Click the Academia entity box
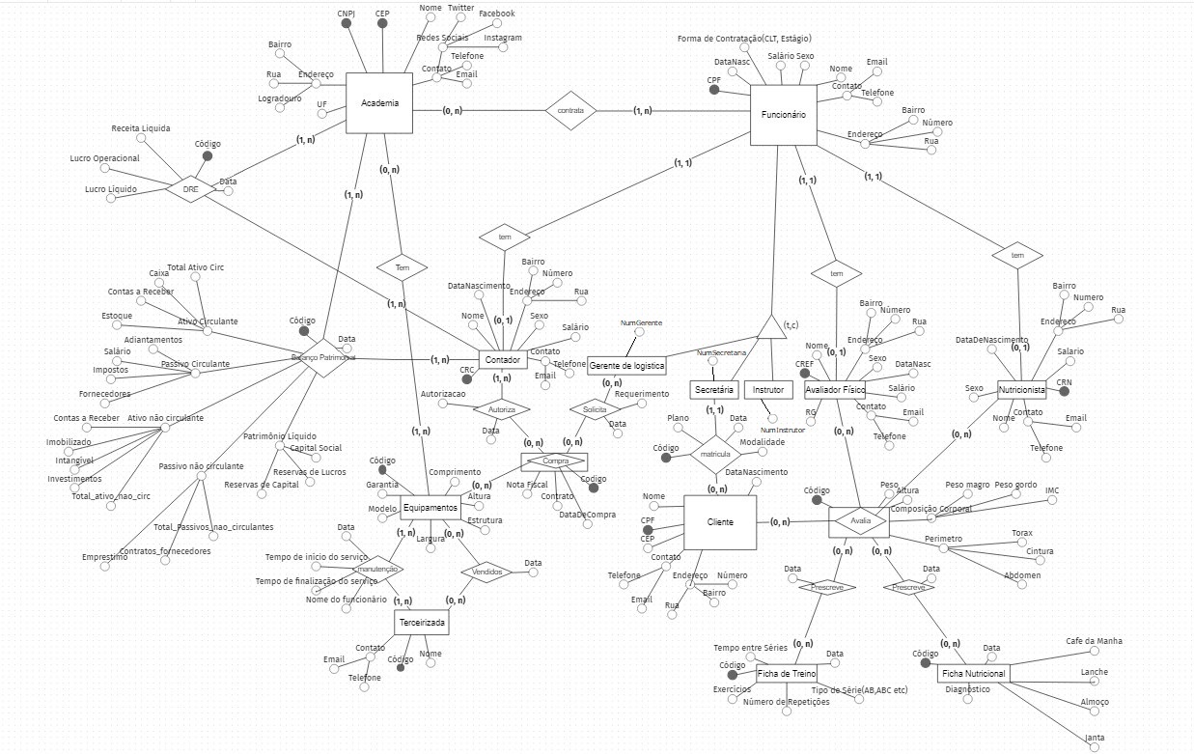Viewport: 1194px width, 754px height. point(379,103)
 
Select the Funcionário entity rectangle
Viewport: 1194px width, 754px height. point(784,113)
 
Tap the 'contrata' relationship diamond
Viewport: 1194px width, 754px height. point(570,110)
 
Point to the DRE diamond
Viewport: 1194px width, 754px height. point(190,189)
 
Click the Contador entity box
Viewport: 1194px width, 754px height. point(503,360)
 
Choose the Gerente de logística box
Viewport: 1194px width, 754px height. point(626,366)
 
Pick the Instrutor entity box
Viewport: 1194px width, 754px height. point(768,390)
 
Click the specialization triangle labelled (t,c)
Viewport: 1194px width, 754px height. point(770,328)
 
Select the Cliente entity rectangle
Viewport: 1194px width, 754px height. point(719,522)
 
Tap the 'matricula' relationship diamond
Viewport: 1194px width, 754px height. point(715,452)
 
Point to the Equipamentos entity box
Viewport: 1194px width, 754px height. point(430,508)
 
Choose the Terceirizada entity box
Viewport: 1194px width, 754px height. point(422,624)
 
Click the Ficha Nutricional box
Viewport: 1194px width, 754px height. point(973,673)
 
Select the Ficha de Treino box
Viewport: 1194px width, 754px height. point(786,673)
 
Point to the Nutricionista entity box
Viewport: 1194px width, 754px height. point(1022,390)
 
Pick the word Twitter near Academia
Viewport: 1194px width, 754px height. point(460,8)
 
